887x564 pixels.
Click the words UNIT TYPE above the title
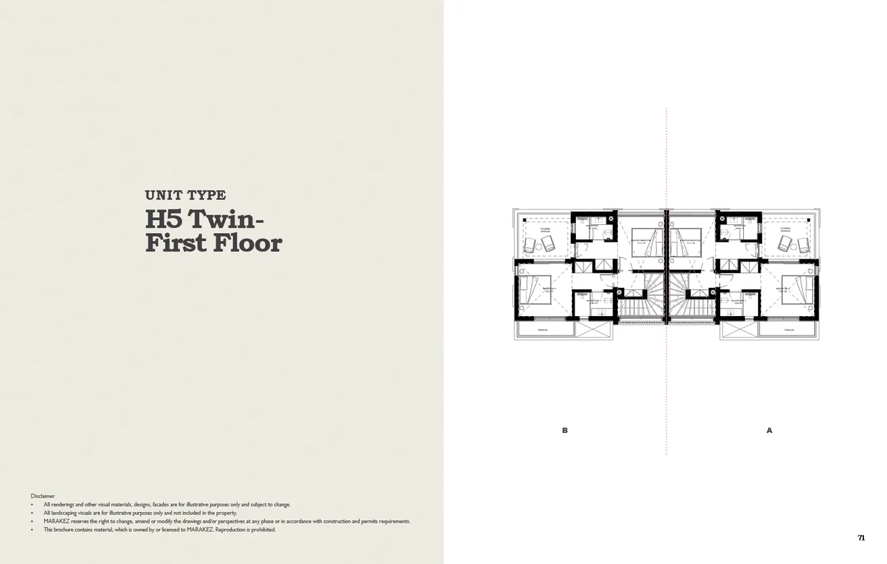coord(185,195)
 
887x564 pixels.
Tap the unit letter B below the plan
coord(565,430)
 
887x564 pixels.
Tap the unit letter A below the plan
coord(769,430)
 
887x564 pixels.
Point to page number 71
coord(861,538)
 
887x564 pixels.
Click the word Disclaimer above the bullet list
coord(43,496)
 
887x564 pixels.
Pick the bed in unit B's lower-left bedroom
coord(535,289)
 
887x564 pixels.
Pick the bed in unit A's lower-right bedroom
coord(798,289)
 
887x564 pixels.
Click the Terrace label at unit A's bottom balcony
coord(788,330)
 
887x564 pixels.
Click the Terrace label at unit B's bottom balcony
coord(542,330)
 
